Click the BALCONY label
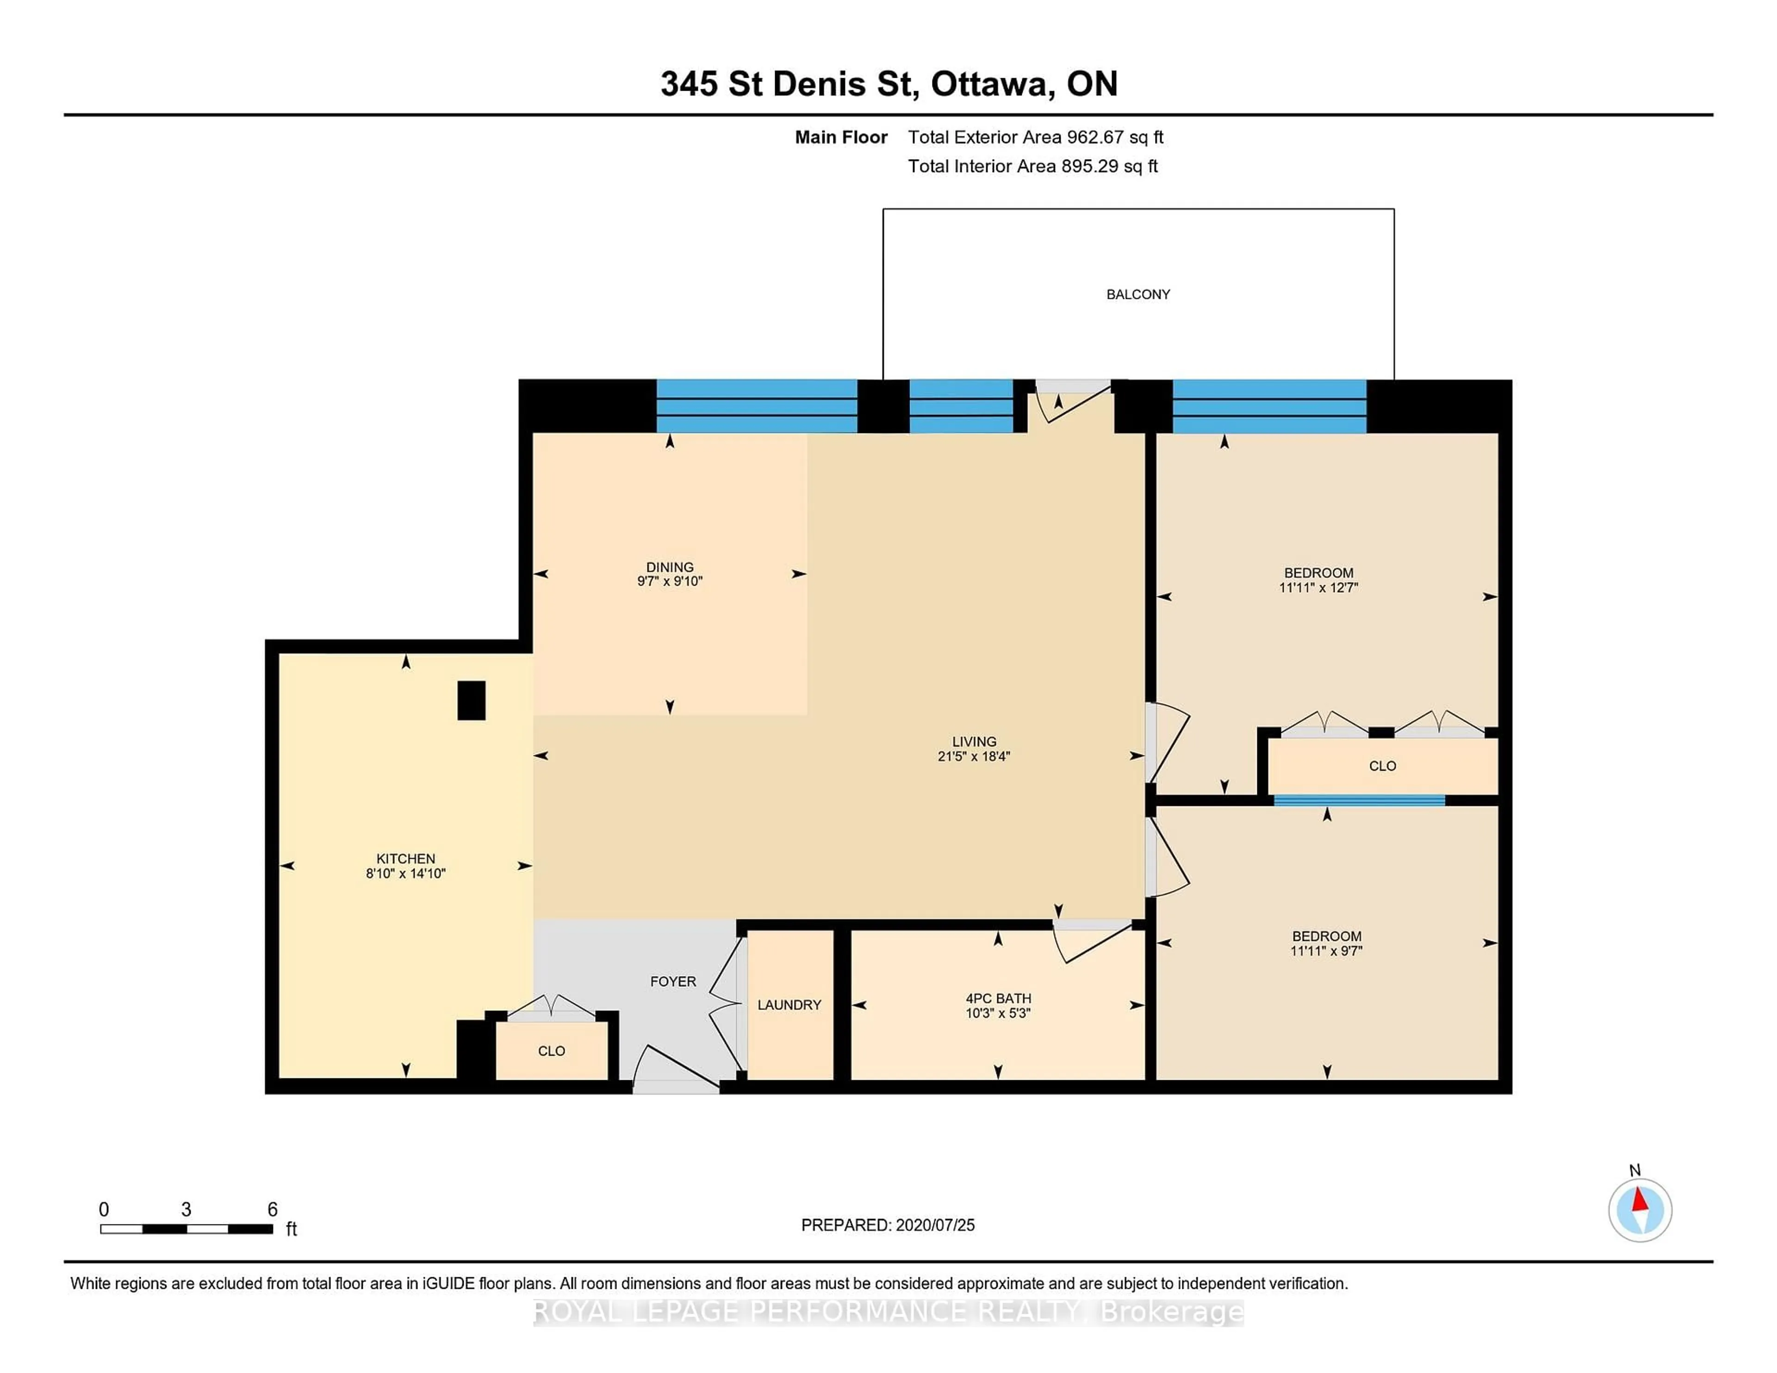coord(1137,295)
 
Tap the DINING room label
coord(670,567)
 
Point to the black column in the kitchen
coord(471,700)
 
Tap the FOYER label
coord(673,982)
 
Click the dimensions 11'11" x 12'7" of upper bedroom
coord(1318,587)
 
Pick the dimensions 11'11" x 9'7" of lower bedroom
coord(1326,951)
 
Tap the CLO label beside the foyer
coord(551,1051)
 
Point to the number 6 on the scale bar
coord(273,1210)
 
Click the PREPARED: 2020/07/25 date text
coord(888,1225)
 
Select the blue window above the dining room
coord(757,406)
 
